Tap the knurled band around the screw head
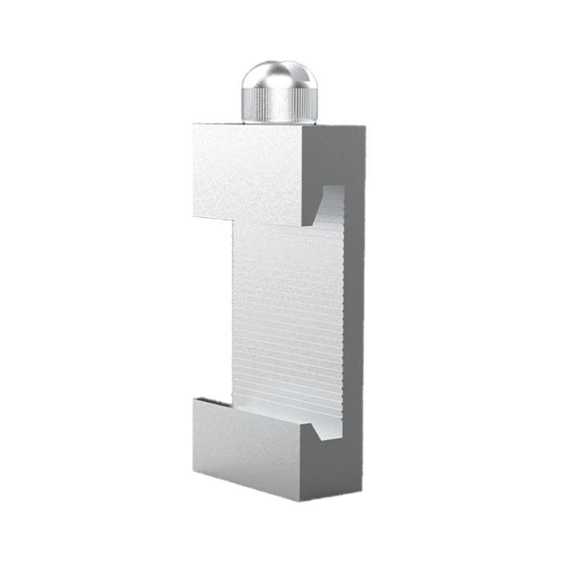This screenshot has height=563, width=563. pyautogui.click(x=278, y=106)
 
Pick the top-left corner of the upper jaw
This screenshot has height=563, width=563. pyautogui.click(x=194, y=125)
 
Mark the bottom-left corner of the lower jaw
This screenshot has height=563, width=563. pyautogui.click(x=194, y=470)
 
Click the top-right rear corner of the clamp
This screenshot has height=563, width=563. pyautogui.click(x=365, y=127)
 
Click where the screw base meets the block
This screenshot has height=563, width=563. pyautogui.click(x=278, y=122)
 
